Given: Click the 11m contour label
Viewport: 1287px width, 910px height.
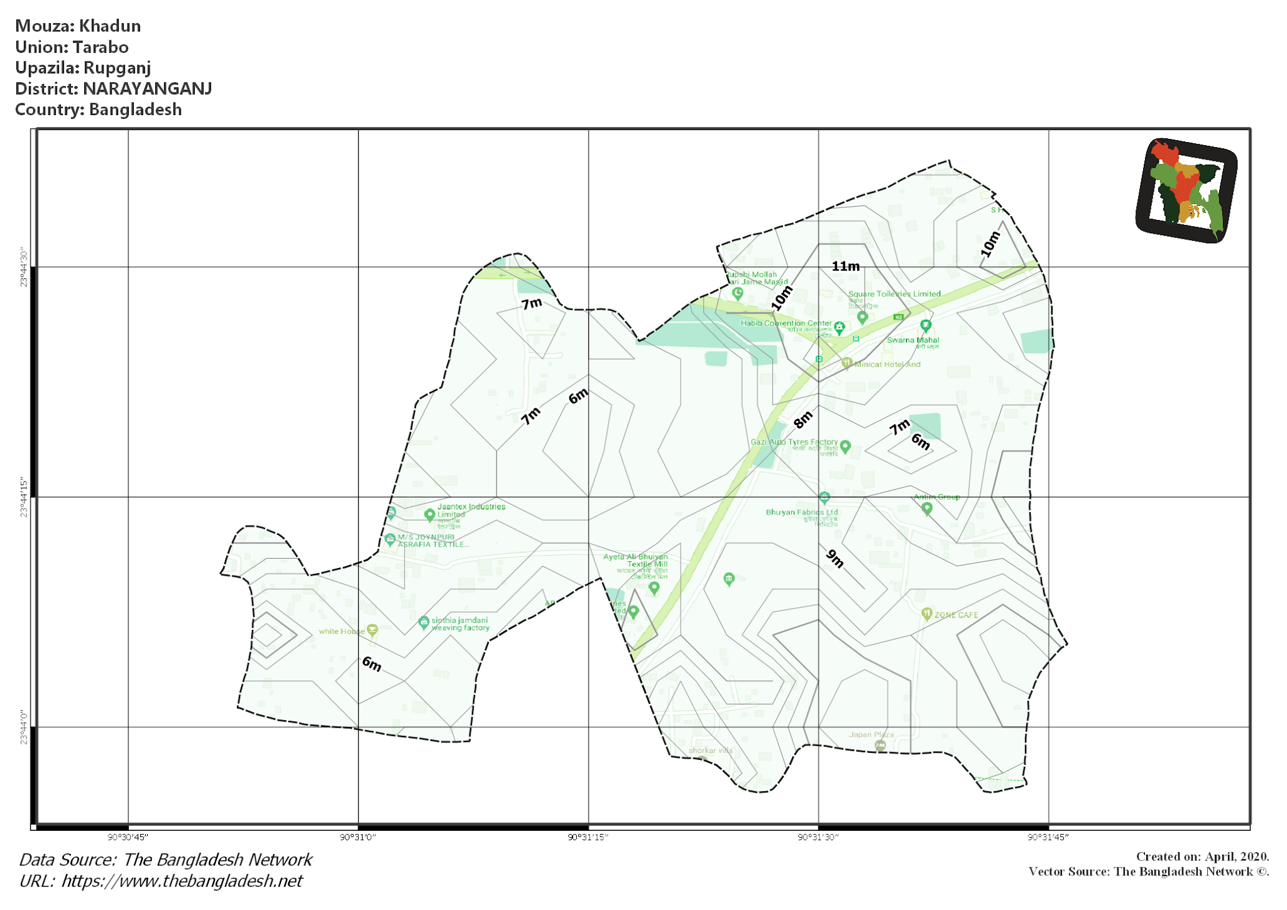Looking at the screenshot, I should [845, 266].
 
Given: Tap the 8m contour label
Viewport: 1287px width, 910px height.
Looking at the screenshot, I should [802, 420].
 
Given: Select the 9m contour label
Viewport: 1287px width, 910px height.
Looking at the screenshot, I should [835, 558].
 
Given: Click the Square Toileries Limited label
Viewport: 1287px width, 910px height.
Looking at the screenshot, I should [894, 293].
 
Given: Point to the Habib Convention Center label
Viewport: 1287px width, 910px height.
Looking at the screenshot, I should [786, 323].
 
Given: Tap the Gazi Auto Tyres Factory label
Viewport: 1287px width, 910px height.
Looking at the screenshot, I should [794, 442].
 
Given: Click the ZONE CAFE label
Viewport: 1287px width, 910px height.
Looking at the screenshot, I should [956, 615].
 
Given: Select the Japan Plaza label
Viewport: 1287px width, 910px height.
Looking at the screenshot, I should [871, 734].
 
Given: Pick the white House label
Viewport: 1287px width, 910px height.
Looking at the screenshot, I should [341, 631].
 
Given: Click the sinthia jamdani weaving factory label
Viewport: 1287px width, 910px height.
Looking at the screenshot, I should [460, 623].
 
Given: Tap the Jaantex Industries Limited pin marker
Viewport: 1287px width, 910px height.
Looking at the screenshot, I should [430, 515].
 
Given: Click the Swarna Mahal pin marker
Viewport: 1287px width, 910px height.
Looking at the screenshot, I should [926, 325].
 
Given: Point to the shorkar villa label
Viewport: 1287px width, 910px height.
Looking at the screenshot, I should [710, 750].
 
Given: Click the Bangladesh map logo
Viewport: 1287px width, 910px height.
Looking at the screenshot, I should [1186, 190].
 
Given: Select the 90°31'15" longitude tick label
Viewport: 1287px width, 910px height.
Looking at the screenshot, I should [588, 836].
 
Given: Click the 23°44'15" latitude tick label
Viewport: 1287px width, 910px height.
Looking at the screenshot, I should [24, 497].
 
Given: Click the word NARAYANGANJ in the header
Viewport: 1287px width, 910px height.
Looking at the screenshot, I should [147, 89].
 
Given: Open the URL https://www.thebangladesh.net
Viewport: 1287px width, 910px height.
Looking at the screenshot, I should [182, 880].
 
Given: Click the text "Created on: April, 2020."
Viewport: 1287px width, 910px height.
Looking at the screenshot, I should [1202, 856].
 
